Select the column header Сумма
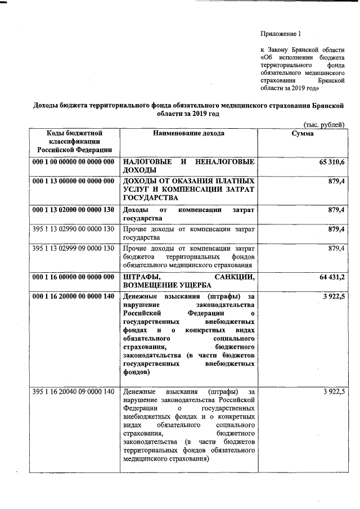click(x=303, y=133)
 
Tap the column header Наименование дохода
click(x=188, y=133)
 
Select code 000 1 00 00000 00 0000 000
click(x=73, y=162)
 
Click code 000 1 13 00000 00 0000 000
click(x=73, y=181)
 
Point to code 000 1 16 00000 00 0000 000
click(x=73, y=277)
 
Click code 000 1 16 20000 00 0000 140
click(x=73, y=296)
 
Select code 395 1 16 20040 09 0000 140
click(x=73, y=391)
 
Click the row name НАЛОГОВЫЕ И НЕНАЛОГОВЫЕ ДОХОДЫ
click(x=188, y=166)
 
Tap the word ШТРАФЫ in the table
click(x=141, y=277)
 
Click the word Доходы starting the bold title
click(x=48, y=105)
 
